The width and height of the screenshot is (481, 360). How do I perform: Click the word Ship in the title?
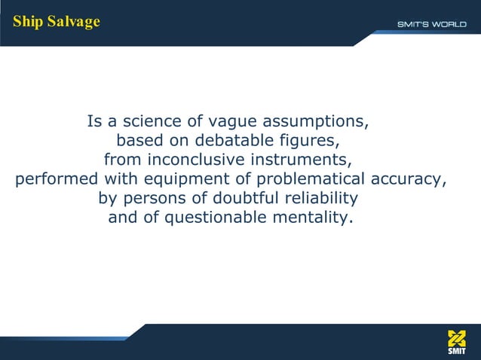27,21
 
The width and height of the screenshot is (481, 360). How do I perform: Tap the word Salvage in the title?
73,21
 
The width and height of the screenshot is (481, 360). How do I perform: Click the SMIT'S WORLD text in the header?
432,24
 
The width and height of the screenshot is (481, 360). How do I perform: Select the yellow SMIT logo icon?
457,338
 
